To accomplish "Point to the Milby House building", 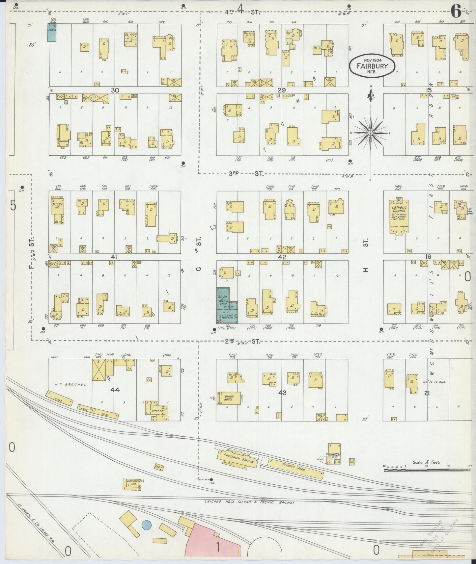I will (x=57, y=209).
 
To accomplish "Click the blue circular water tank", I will (x=146, y=525).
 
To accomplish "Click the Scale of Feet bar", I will (x=427, y=471).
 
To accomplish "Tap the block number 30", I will (x=115, y=90).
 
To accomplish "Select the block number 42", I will (x=282, y=257).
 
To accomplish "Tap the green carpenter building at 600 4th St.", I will (x=52, y=32).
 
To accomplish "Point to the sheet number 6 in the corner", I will (x=456, y=12).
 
